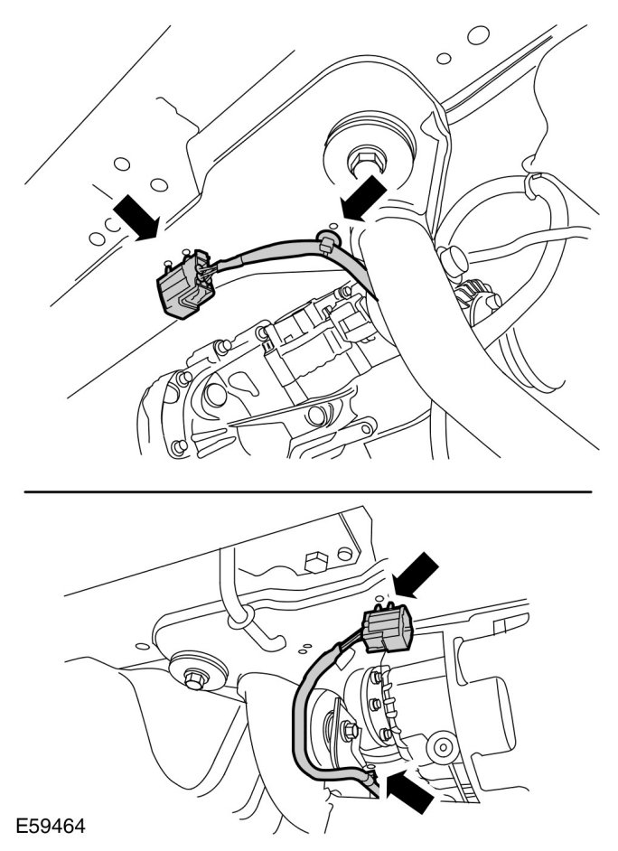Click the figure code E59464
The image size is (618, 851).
51,827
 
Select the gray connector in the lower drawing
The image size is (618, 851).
387,630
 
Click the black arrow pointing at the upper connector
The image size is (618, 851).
136,219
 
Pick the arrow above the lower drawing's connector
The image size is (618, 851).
417,575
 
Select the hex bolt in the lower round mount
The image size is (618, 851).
194,678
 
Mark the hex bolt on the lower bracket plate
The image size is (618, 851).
316,564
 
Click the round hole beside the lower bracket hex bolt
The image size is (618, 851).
344,554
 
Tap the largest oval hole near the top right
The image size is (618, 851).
479,36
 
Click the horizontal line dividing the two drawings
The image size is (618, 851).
307,491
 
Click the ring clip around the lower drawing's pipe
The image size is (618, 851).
241,617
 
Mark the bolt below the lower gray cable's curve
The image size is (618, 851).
351,731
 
